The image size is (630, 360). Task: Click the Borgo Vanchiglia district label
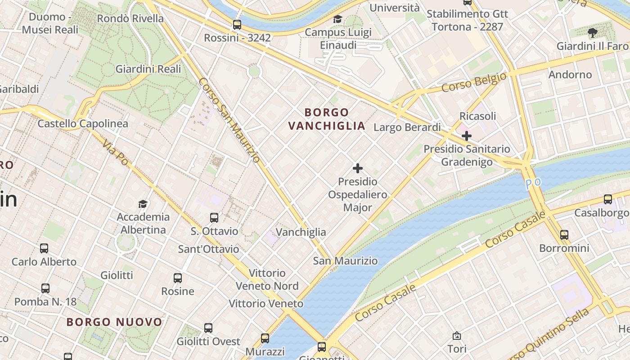[x=327, y=119]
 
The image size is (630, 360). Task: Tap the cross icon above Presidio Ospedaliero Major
[x=358, y=168]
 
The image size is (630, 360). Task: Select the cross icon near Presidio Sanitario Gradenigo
[x=467, y=135]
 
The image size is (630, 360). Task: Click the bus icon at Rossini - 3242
[x=237, y=24]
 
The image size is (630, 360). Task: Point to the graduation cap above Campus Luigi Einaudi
[x=337, y=19]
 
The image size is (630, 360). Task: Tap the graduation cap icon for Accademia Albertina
[x=143, y=204]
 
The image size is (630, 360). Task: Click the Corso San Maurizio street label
[x=229, y=120]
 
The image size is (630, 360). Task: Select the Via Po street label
[x=115, y=152]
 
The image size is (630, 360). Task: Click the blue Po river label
[x=533, y=183]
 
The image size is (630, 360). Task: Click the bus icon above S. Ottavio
[x=214, y=218]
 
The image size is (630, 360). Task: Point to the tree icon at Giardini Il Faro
[x=593, y=32]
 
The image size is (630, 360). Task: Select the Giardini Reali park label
[x=148, y=69]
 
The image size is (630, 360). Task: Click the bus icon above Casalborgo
[x=608, y=199]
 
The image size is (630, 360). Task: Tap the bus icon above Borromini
[x=564, y=234]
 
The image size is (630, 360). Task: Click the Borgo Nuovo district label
[x=114, y=322]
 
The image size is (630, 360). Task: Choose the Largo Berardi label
[x=407, y=127]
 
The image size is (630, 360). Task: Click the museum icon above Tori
[x=457, y=336]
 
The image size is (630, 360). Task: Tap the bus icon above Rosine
[x=178, y=278]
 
